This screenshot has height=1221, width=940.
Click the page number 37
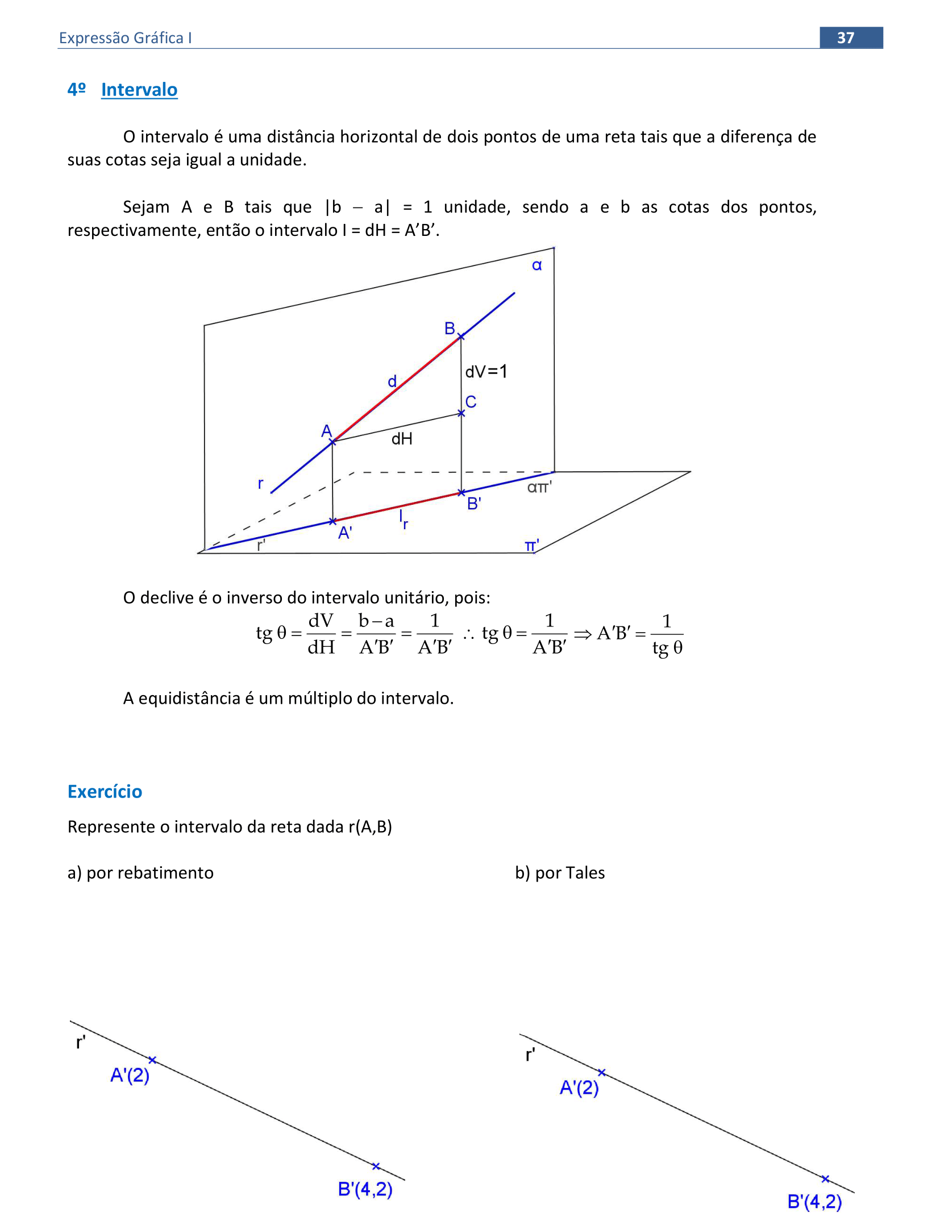tap(845, 38)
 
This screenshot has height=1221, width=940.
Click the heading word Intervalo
tap(139, 90)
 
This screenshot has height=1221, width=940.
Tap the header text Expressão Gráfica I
tap(125, 38)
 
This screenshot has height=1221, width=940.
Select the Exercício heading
tap(105, 791)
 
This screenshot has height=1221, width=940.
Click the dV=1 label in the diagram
tap(486, 372)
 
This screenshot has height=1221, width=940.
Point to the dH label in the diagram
tap(402, 439)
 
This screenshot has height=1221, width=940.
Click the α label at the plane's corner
tap(536, 265)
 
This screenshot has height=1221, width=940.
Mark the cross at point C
tap(461, 413)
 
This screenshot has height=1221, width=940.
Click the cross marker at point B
tap(461, 337)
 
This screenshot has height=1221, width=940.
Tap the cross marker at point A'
tap(332, 521)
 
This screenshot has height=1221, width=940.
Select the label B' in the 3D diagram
tap(474, 504)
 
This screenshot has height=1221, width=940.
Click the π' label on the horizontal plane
tap(531, 546)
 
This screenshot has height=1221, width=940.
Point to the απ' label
tap(539, 487)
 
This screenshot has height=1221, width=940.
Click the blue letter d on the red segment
tap(392, 381)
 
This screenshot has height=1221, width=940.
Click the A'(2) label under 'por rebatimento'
tap(130, 1075)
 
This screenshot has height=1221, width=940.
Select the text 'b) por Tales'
tap(560, 873)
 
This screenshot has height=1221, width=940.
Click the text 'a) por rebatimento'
tap(140, 873)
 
